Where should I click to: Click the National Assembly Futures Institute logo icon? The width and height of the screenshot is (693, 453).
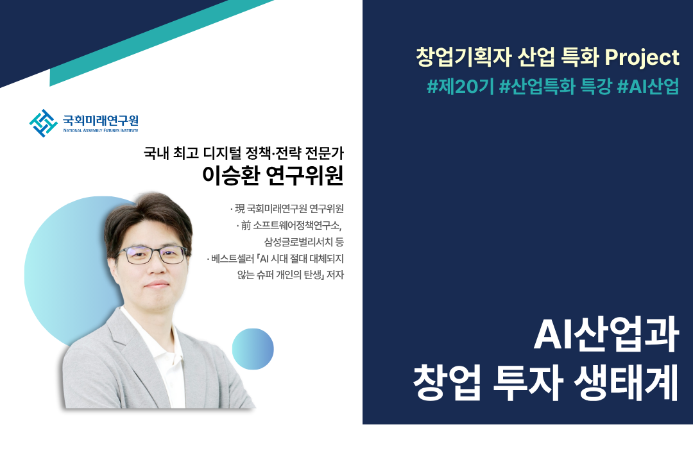44,123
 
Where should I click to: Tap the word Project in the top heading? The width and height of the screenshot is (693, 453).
642,58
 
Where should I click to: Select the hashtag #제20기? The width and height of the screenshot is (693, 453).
460,86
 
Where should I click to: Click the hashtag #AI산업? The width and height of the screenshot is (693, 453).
648,86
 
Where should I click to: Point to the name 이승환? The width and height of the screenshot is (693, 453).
231,175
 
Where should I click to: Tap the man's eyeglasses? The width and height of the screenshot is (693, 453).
153,255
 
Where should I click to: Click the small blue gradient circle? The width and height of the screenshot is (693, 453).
253,349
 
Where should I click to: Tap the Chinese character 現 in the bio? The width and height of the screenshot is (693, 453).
239,209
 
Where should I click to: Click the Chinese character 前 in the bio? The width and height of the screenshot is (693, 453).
246,225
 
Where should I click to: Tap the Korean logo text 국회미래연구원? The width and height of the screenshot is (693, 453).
101,120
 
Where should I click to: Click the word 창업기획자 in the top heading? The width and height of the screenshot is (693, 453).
463,58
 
